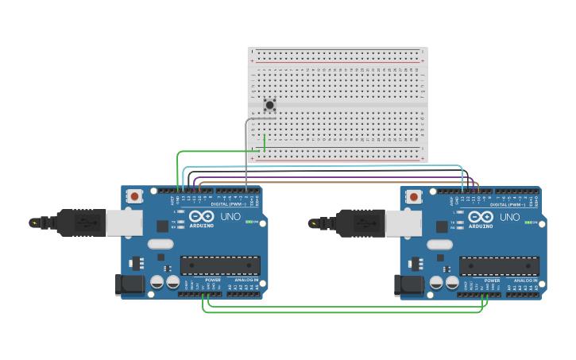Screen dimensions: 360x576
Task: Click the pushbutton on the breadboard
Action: (270, 105)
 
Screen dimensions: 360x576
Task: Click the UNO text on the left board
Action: (230, 216)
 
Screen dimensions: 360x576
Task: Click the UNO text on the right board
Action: (509, 217)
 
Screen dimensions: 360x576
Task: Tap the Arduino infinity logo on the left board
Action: (202, 216)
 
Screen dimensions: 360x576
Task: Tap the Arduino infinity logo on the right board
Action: (481, 217)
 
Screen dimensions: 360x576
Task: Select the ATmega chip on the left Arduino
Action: (220, 265)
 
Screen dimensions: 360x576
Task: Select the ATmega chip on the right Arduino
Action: (499, 265)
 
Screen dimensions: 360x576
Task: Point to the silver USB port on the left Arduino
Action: (124, 223)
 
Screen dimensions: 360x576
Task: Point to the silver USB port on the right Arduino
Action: (403, 223)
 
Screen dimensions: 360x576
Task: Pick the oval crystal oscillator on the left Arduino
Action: (160, 244)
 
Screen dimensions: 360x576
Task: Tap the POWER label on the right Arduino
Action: (493, 281)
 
